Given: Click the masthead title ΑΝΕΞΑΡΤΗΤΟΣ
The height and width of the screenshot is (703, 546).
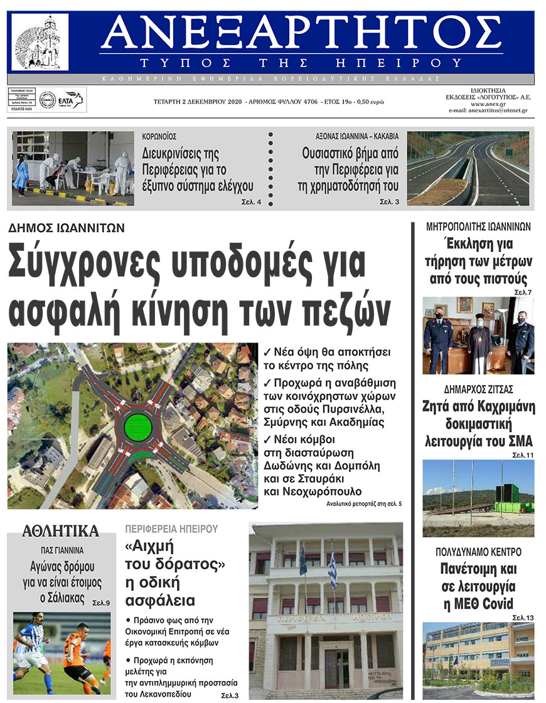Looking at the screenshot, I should point(301,34).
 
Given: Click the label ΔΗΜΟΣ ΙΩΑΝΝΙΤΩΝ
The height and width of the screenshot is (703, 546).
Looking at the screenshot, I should point(67,229).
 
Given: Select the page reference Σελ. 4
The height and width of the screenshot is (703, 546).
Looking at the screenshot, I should point(251,202).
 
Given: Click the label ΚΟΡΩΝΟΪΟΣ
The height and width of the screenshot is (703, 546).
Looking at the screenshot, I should point(159,136).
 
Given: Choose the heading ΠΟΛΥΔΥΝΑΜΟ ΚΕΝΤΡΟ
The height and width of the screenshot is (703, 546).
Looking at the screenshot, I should point(478,552).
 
